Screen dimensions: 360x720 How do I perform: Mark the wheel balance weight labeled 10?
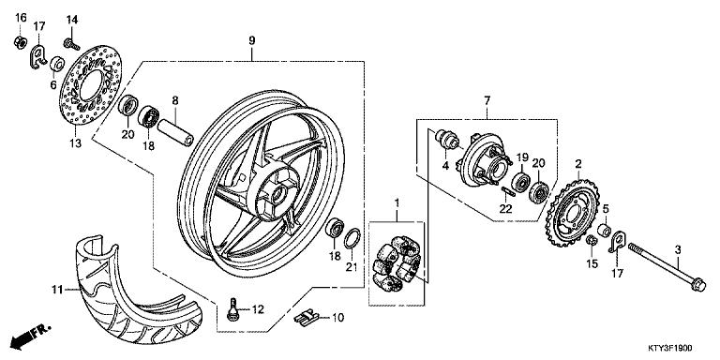tap(301, 319)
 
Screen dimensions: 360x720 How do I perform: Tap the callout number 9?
tap(251, 39)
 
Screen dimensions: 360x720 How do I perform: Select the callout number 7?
tap(487, 100)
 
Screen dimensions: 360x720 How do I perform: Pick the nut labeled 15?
tap(592, 245)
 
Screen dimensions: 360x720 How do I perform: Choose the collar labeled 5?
tap(606, 232)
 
